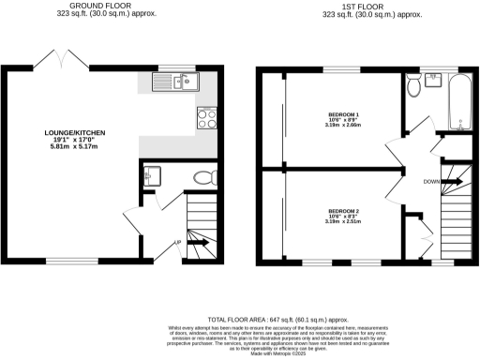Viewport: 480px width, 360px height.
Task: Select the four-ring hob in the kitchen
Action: [x=206, y=118]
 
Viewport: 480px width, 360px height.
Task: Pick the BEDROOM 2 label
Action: [x=343, y=211]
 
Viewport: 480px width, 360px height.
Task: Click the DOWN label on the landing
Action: [x=430, y=181]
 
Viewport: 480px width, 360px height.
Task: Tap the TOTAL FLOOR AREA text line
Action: [x=240, y=320]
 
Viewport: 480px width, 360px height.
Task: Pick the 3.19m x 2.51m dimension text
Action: [x=343, y=223]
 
